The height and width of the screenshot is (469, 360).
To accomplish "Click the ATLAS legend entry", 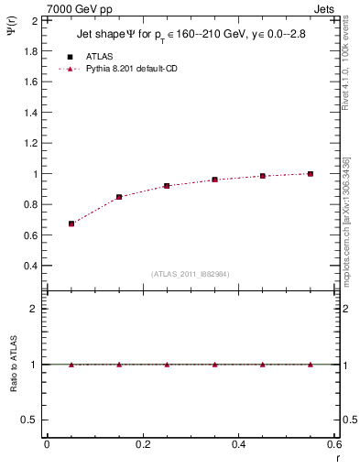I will click(99, 57).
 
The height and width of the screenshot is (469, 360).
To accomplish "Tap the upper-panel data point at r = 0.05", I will click(71, 224).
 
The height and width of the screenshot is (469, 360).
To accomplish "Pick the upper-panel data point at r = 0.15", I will click(119, 197).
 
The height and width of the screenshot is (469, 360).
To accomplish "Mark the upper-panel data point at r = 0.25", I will click(167, 186).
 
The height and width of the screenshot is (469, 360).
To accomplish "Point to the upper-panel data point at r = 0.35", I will click(214, 180).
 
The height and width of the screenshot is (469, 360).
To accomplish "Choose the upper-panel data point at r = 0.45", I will click(262, 176).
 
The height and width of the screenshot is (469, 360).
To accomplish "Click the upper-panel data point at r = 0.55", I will click(311, 173).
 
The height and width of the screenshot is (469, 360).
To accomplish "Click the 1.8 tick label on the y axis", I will click(29, 51).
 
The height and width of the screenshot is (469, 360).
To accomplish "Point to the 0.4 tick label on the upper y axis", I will click(29, 266).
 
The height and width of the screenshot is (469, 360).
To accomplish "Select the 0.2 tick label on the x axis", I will click(143, 444).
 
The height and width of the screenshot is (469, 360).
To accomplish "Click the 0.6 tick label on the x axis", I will click(334, 444).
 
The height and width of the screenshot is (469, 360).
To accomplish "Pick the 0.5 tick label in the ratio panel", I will click(29, 420).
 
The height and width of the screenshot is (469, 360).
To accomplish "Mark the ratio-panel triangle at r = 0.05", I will click(71, 364).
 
